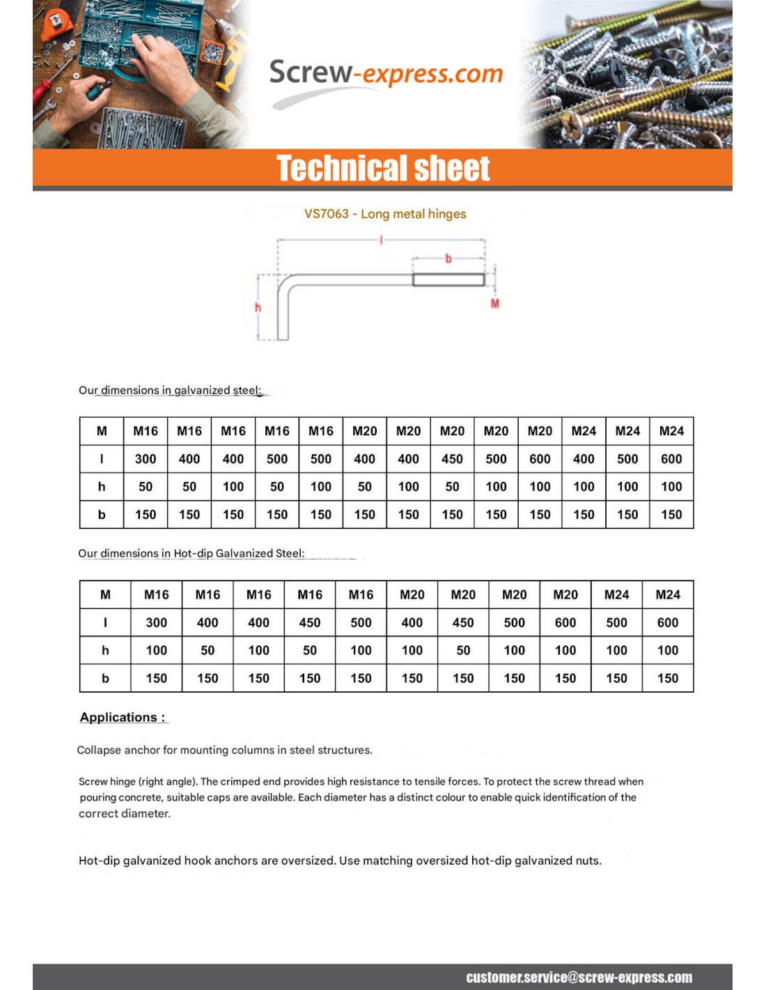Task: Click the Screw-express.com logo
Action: coord(385,74)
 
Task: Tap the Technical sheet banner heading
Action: coord(383,168)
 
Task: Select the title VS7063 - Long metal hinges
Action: coord(385,214)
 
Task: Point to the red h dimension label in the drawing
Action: coord(258,307)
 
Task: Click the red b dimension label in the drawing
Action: coord(448,258)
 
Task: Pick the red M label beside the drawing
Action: coord(495,304)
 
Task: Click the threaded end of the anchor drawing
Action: coord(448,280)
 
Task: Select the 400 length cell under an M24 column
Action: coord(584,459)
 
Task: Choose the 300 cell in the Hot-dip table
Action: coord(156,622)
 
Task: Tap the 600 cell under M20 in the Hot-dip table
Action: coord(565,622)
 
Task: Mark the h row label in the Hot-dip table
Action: coord(105,650)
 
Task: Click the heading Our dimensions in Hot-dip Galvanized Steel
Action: coord(191,553)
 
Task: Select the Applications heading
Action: coord(123,717)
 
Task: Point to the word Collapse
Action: coord(98,750)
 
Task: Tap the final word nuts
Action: coord(587,861)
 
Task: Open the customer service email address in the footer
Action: coord(579,977)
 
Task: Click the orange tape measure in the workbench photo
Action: coord(56,24)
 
